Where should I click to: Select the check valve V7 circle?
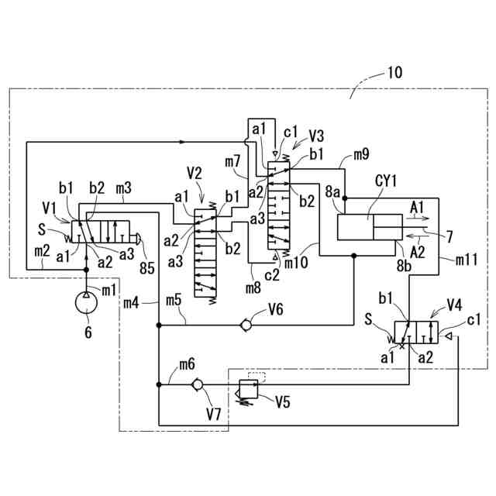click(197, 384)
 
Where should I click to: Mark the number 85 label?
click(147, 268)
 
